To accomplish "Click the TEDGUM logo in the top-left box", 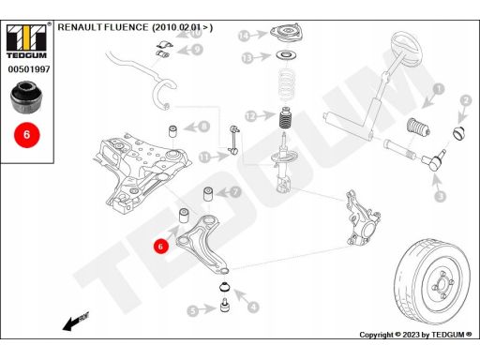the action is pos(26,41).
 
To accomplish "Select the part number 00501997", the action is pos(29,69).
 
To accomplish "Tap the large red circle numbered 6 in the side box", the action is pos(27,135).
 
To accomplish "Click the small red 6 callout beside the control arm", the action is pos(160,247).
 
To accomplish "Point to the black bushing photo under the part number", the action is pos(26,97).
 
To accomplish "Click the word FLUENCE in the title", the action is pos(127,27).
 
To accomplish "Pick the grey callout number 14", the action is pos(244,36).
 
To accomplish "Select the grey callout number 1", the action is pos(439,89).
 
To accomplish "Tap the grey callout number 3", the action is pos(441,196).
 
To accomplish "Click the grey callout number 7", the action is pos(235,191).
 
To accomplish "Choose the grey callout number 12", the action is pos(250,116).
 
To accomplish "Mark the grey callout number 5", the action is pos(193,311).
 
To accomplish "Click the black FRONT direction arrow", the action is pos(76,321).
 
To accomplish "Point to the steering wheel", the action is pos(407,47).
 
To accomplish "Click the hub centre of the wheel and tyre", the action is pos(442,285).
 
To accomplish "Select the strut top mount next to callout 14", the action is pos(286,34).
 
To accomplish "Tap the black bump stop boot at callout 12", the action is pos(285,118).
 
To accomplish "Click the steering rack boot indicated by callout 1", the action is pos(418,127).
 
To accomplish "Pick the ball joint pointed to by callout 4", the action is pos(224,287).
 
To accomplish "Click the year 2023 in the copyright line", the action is pos(411,335).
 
